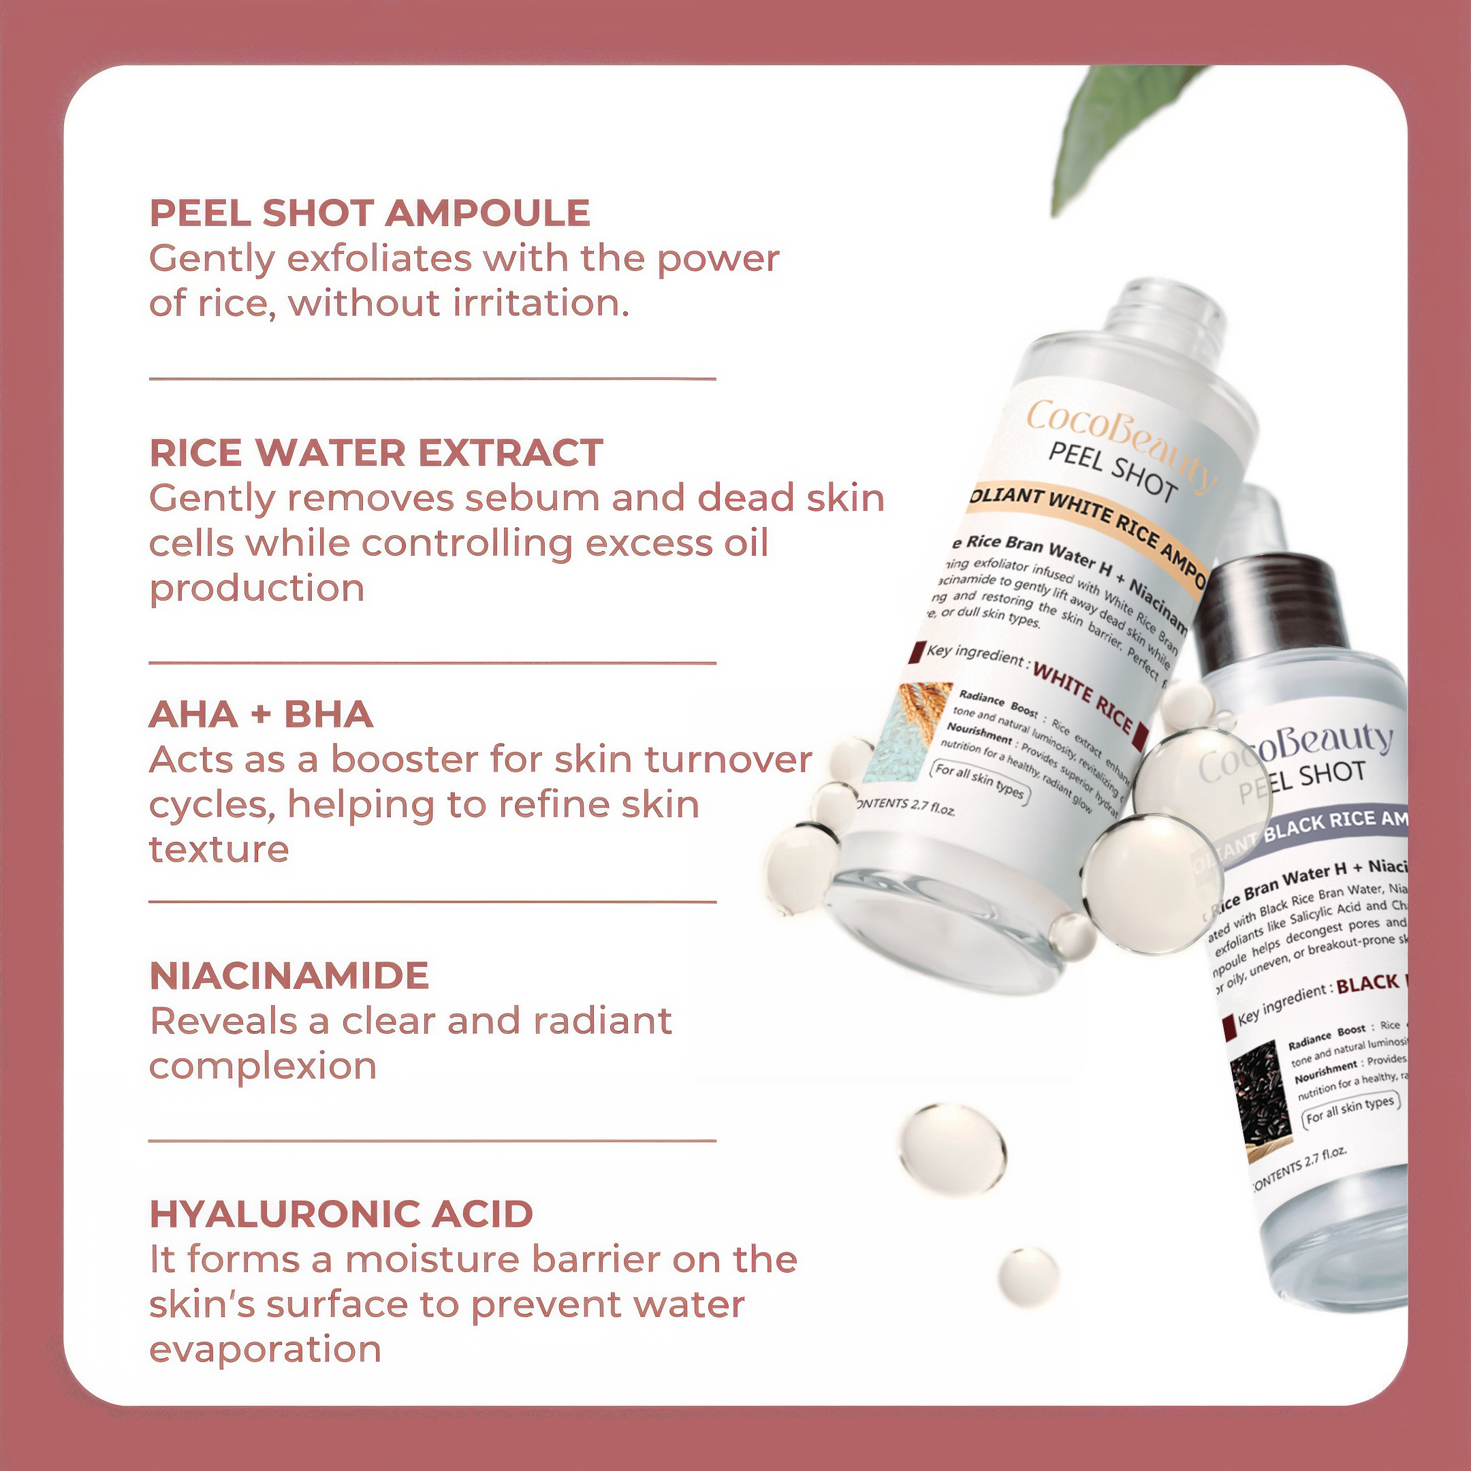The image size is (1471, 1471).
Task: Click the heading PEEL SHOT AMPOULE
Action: [369, 212]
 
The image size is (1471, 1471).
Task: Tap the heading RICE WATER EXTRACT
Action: [376, 453]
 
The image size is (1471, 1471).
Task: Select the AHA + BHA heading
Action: [261, 714]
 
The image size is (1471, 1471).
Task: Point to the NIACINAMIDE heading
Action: [289, 976]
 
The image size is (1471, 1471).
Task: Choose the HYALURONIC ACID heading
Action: [341, 1214]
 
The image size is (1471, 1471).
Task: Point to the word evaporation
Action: [265, 1350]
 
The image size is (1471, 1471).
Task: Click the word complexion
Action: [263, 1066]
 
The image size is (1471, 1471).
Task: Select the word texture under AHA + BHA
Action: [219, 850]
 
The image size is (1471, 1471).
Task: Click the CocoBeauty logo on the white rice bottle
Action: [1119, 441]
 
